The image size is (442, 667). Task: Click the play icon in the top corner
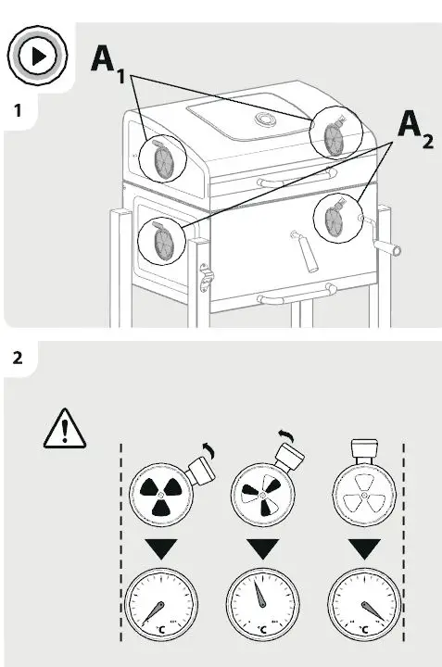[x=36, y=56]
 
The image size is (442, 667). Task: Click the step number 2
[x=16, y=358]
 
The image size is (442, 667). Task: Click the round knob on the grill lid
[x=263, y=120]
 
